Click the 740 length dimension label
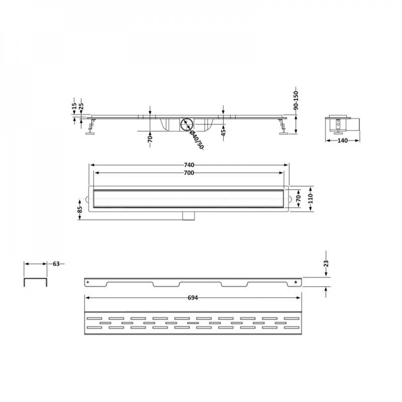coord(189,165)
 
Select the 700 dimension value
coord(189,173)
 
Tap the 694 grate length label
coord(193,298)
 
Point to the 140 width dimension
coord(343,140)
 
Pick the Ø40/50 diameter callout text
coord(196,140)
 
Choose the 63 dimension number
coord(56,264)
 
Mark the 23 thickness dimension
coord(326,264)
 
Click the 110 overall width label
coord(311,199)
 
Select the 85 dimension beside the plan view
coord(80,210)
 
